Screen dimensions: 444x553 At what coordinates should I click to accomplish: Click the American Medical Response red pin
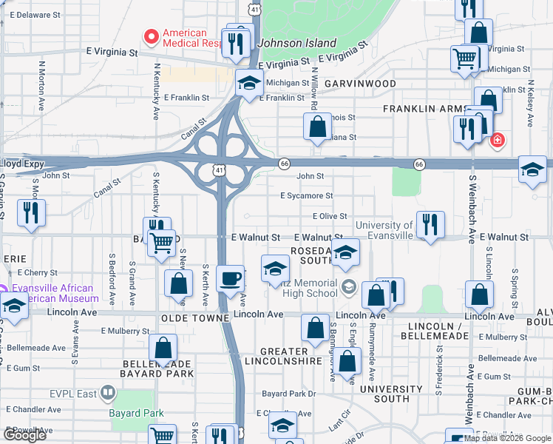click(152, 35)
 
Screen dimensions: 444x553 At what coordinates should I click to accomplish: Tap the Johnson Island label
click(296, 43)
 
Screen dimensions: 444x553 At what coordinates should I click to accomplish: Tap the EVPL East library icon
click(108, 391)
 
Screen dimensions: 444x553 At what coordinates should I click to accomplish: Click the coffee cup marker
click(229, 278)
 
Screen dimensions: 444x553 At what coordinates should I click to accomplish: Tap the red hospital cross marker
click(498, 140)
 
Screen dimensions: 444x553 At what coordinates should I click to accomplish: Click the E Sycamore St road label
click(306, 196)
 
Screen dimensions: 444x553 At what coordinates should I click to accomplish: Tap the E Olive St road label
click(330, 216)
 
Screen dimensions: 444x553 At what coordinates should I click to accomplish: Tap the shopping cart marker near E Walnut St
click(161, 241)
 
